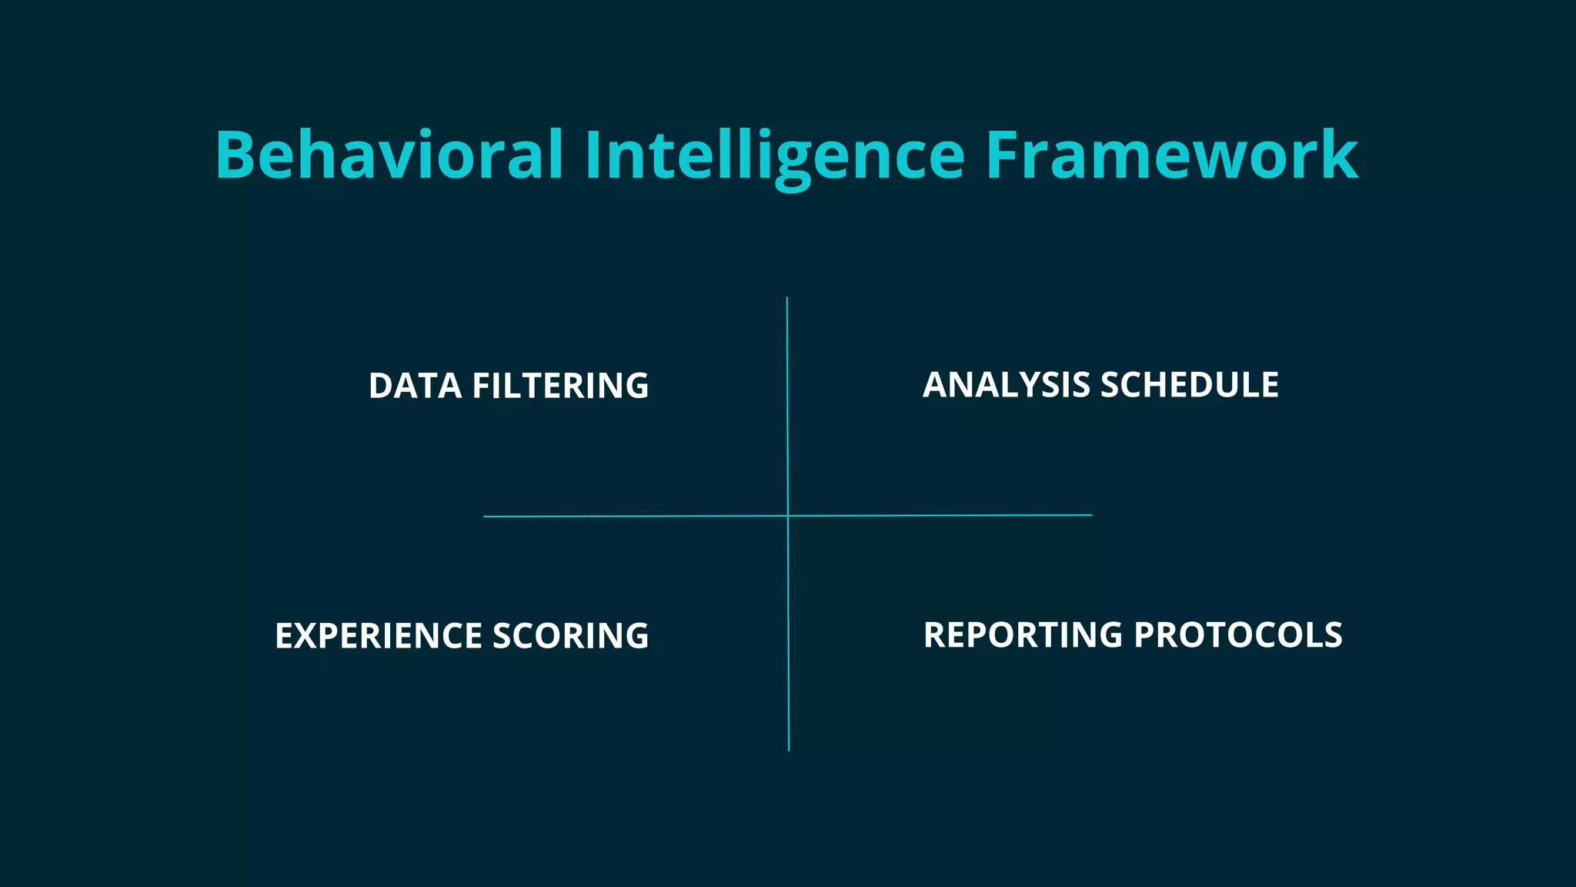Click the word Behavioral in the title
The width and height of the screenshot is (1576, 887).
[389, 156]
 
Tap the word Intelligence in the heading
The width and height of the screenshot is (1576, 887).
[774, 156]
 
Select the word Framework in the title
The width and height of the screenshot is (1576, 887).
[1171, 156]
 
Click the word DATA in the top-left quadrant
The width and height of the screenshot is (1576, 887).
[415, 386]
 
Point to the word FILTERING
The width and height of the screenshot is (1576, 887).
[560, 386]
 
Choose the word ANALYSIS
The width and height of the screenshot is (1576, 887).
[1007, 385]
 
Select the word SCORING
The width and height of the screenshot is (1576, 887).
[570, 636]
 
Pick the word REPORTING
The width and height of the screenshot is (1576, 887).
[1023, 635]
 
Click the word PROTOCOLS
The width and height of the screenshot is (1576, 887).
[1238, 635]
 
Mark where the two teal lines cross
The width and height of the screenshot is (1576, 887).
[788, 516]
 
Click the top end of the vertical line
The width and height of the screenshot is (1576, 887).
[786, 298]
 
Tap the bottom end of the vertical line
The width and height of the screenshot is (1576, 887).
[789, 750]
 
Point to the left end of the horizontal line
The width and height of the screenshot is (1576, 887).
[485, 517]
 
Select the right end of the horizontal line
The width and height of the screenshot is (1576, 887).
[1091, 515]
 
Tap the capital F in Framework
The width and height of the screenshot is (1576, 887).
[1002, 156]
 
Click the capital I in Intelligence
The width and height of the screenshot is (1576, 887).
[593, 156]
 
